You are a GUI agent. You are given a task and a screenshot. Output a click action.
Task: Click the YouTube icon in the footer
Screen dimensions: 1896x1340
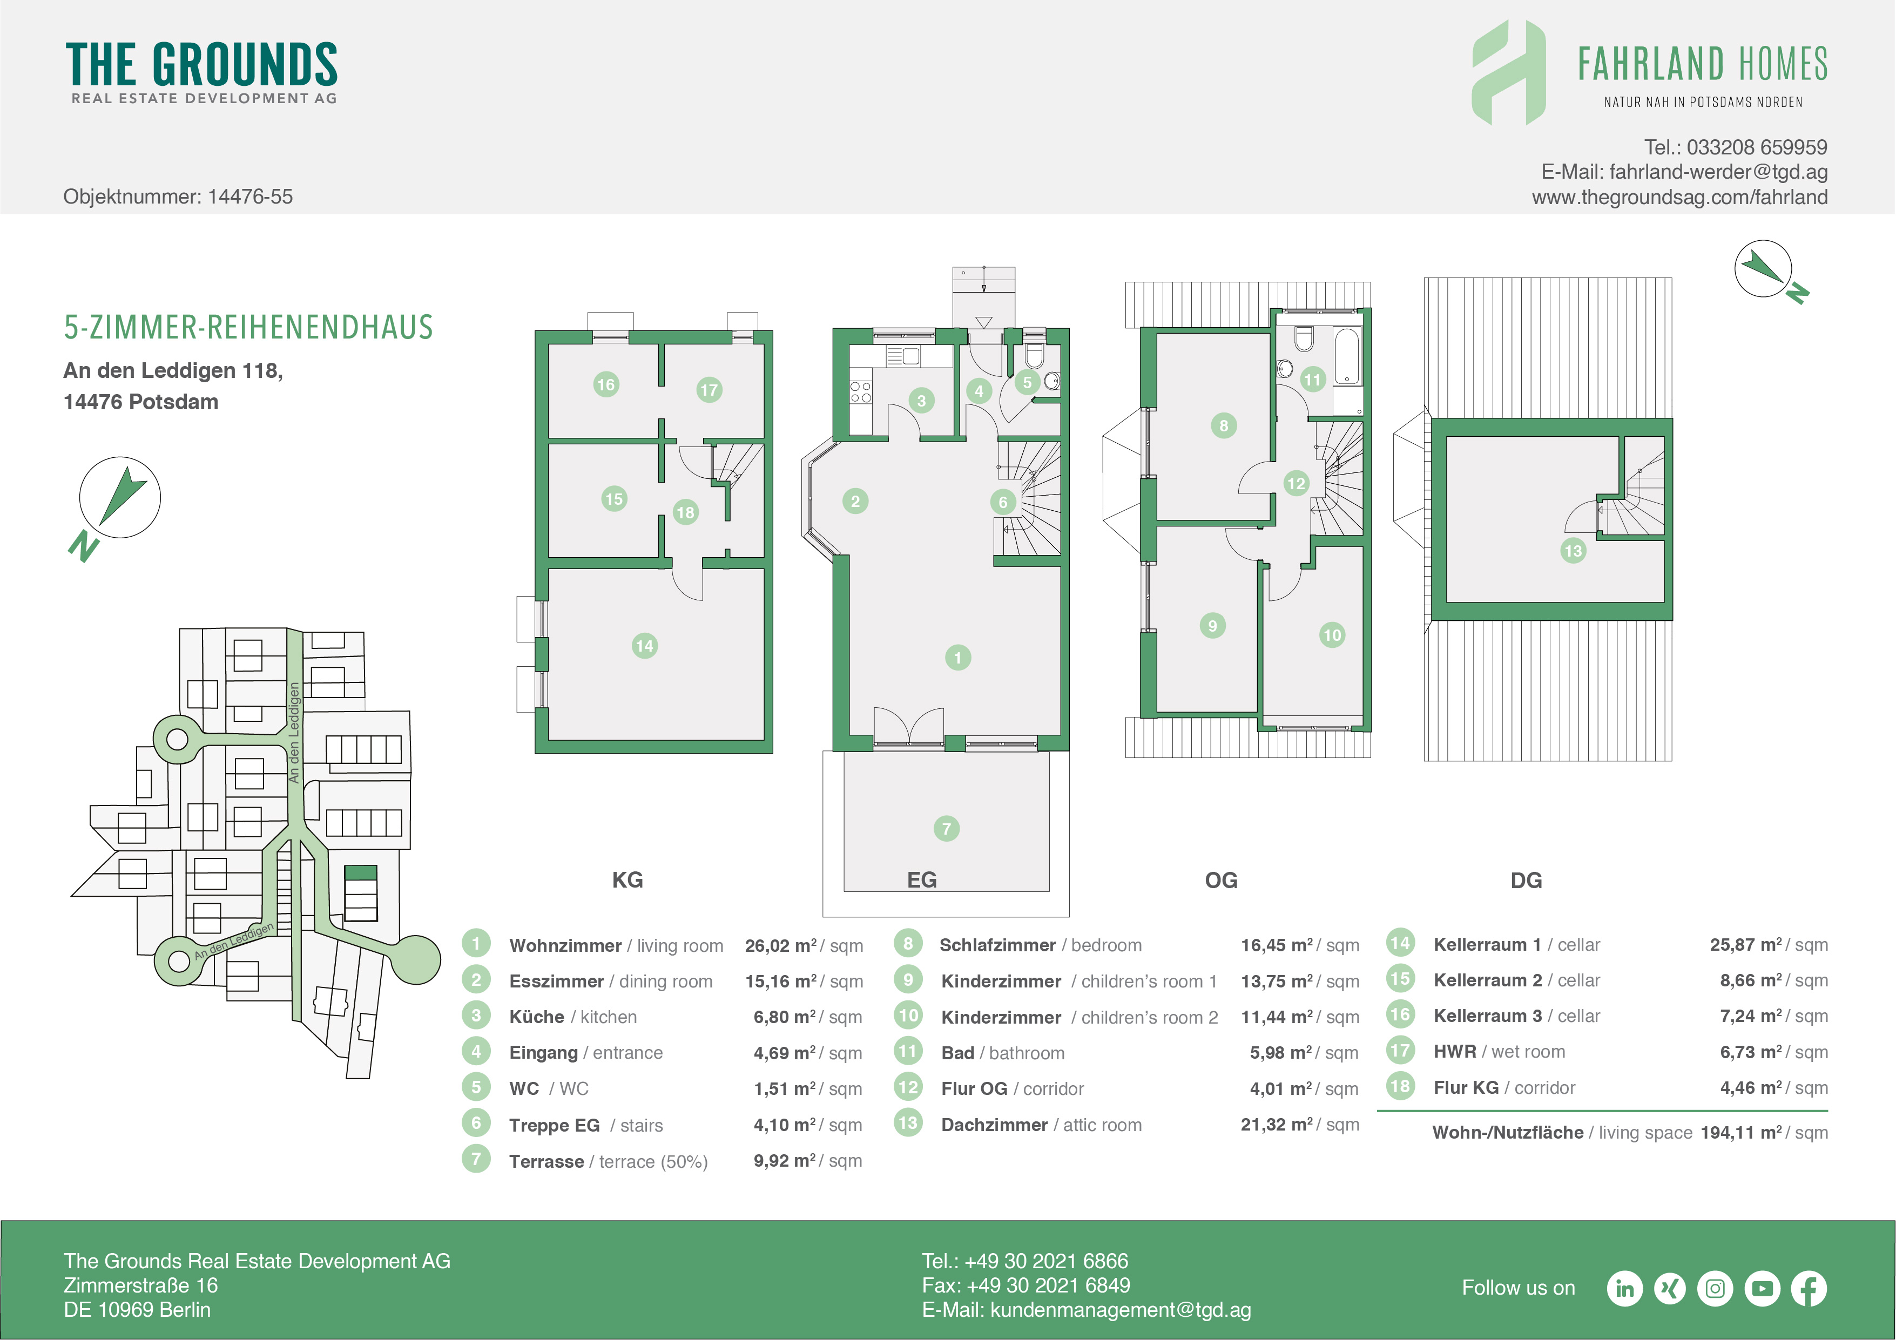(x=1762, y=1289)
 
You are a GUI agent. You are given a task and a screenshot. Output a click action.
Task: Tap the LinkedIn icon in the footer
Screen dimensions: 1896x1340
(x=1624, y=1289)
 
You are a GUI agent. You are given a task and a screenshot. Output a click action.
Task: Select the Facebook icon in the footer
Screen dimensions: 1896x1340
(x=1809, y=1289)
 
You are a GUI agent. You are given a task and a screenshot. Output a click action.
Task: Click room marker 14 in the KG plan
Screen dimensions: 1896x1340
(x=644, y=646)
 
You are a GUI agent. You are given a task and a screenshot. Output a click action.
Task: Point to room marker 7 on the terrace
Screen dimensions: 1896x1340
(x=946, y=828)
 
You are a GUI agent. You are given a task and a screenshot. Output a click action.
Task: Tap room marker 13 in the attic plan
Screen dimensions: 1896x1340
(x=1573, y=551)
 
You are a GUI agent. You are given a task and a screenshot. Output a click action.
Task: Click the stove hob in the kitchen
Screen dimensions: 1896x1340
(x=860, y=392)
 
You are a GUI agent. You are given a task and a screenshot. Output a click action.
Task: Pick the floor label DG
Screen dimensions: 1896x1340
(x=1526, y=880)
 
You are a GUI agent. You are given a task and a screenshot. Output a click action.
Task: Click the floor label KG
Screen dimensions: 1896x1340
(x=627, y=880)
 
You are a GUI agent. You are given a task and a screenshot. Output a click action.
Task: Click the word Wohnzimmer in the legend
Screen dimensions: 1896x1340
(x=565, y=945)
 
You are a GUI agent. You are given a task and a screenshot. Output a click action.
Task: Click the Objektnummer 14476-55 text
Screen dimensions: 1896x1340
(x=178, y=197)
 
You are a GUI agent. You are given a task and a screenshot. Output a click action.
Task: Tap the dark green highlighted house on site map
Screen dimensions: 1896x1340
(x=360, y=872)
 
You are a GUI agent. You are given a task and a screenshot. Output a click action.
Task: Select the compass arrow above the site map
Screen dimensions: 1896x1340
(x=122, y=496)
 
